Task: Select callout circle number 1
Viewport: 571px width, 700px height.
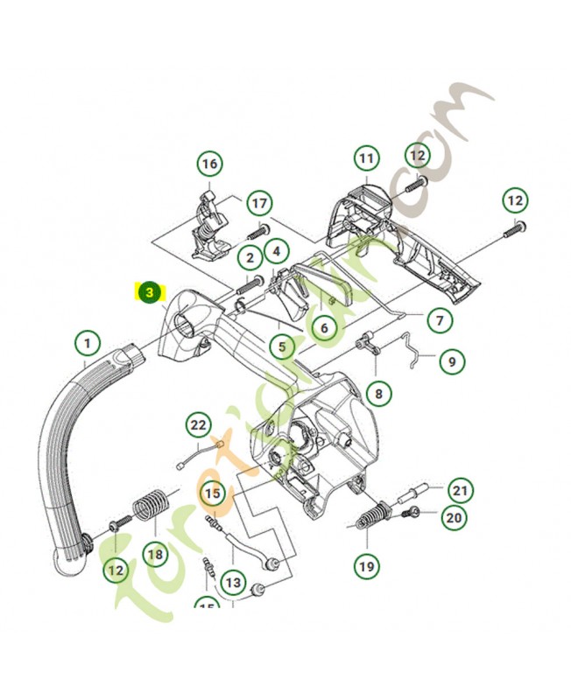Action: pos(87,340)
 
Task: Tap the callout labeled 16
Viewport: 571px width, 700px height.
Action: pos(208,164)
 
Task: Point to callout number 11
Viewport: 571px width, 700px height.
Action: pos(366,159)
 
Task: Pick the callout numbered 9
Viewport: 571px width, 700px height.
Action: pos(452,360)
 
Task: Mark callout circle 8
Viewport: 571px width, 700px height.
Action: pos(378,394)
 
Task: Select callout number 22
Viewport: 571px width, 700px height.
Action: pos(199,426)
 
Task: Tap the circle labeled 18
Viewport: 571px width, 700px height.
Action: pos(155,553)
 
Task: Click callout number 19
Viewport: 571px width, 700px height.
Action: pos(367,566)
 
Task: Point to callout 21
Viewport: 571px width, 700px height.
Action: pos(461,488)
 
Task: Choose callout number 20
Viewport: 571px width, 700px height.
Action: pos(454,518)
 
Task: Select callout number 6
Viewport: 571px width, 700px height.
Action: pos(324,328)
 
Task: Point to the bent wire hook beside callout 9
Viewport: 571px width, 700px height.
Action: pos(412,351)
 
